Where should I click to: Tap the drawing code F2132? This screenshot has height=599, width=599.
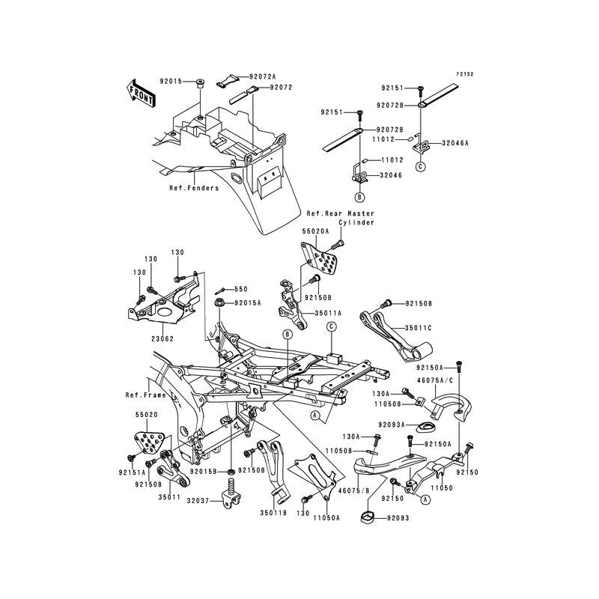tap(466, 75)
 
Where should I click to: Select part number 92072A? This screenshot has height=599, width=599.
tap(263, 76)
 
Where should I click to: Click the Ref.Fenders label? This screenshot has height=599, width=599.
tap(194, 189)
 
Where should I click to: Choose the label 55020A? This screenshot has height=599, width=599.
tap(315, 232)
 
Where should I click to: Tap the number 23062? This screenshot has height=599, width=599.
tap(163, 339)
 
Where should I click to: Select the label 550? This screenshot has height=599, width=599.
tap(240, 288)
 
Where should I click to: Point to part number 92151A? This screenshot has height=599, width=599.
tap(132, 472)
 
